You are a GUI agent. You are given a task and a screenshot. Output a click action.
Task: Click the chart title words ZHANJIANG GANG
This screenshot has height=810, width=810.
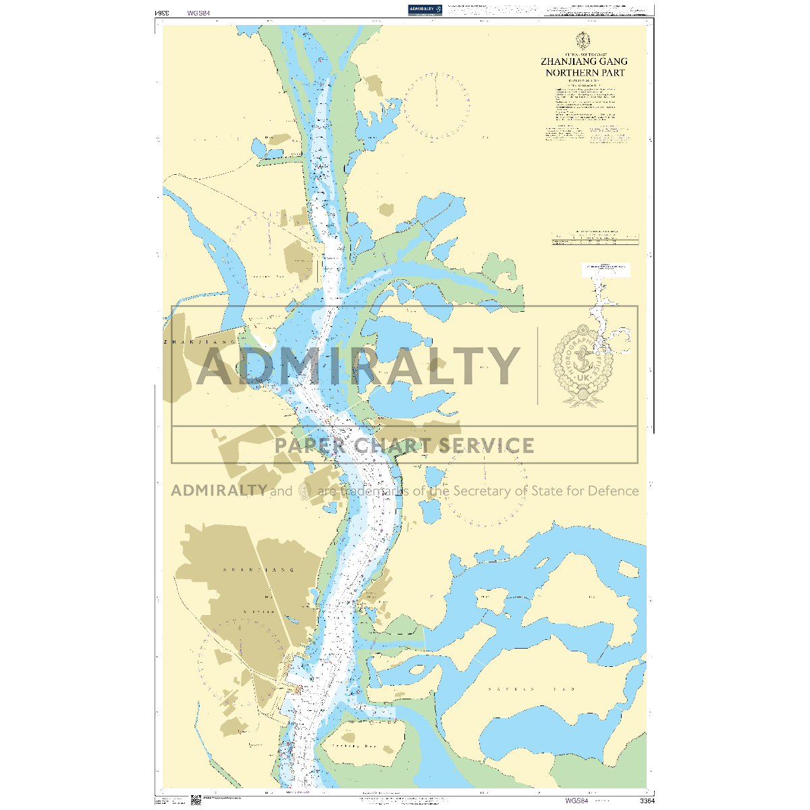585,61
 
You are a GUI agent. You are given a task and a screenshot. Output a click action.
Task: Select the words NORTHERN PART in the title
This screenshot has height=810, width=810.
585,72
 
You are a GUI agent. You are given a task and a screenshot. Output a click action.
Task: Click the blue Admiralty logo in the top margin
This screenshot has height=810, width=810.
425,9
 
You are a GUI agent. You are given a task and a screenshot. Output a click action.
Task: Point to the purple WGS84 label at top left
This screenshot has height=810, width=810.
197,12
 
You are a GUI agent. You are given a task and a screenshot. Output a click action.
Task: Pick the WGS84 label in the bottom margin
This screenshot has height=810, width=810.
577,801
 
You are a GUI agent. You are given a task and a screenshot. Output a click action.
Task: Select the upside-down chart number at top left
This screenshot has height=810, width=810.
161,12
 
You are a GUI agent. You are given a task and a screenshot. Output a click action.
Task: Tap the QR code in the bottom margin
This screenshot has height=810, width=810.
196,800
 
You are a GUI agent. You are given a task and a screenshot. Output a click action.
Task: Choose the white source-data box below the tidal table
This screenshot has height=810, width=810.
606,269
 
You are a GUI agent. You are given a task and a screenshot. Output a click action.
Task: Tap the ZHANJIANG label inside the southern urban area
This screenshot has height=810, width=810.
259,570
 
